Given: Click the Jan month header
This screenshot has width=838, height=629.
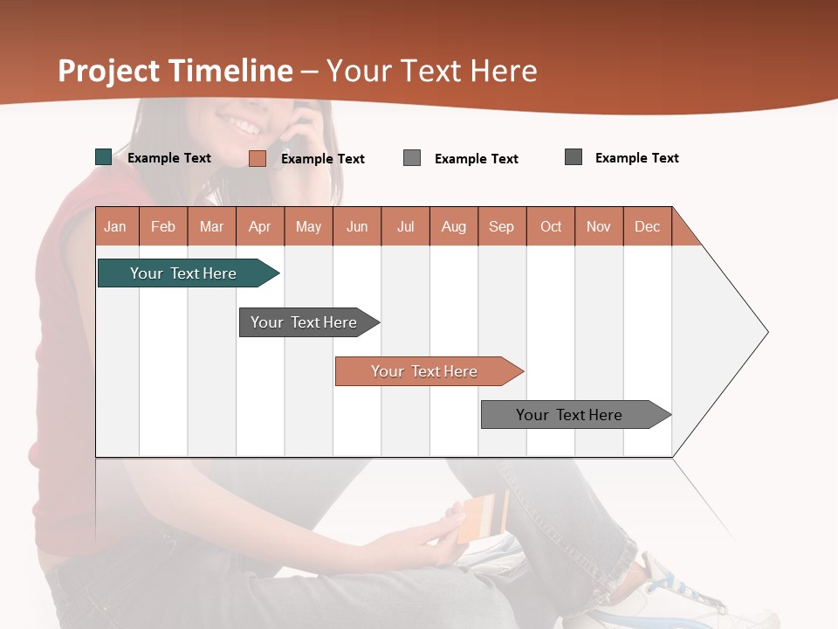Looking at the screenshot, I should point(116,226).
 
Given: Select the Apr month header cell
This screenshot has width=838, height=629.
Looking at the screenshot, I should point(260,226).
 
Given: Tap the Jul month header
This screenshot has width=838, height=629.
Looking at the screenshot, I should point(405,226).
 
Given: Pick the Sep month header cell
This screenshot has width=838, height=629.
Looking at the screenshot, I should point(502,226).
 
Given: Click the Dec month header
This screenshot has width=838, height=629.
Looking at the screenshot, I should point(647,226).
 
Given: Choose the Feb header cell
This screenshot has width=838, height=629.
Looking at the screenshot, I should point(163,226).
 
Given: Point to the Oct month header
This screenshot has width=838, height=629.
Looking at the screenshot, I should point(551,226).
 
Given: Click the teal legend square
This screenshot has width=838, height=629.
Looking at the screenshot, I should point(103,157).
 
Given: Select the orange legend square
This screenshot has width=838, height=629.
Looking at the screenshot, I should point(257,158).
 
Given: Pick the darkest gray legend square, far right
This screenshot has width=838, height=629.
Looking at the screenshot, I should point(574,157).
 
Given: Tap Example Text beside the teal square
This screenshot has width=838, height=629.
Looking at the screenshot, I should point(169,158).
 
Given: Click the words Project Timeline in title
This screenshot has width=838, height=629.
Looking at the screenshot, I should point(175,71).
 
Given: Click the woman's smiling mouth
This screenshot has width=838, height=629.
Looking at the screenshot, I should point(245,125).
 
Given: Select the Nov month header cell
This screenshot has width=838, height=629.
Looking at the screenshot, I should point(599,226).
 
